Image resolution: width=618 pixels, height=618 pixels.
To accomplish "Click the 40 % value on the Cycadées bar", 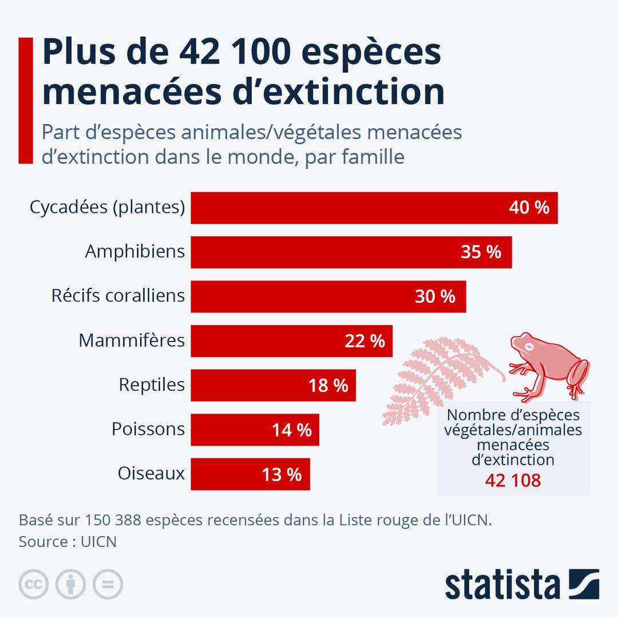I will (529, 208).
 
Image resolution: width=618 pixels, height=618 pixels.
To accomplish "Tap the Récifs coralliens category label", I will (118, 296).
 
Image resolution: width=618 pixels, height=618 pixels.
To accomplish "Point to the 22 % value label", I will (365, 341).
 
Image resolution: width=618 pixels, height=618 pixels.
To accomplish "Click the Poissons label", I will (148, 429).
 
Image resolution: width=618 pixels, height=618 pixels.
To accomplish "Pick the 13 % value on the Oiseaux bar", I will (282, 474).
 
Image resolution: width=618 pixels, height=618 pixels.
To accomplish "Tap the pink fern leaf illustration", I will (432, 378).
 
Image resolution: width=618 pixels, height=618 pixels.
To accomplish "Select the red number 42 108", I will (513, 481).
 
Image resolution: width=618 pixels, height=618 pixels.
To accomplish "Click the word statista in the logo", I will (502, 584).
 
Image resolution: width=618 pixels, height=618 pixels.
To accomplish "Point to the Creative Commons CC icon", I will (33, 584).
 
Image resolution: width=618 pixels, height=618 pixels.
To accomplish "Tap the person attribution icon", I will (70, 584).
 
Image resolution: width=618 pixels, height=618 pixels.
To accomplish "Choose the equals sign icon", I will (108, 584).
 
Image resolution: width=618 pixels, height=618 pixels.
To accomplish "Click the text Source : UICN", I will (68, 541).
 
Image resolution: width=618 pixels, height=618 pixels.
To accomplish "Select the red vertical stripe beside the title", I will (26, 101).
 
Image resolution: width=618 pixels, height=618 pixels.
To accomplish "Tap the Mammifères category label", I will (132, 340).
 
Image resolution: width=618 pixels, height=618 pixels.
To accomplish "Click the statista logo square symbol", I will (584, 584).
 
